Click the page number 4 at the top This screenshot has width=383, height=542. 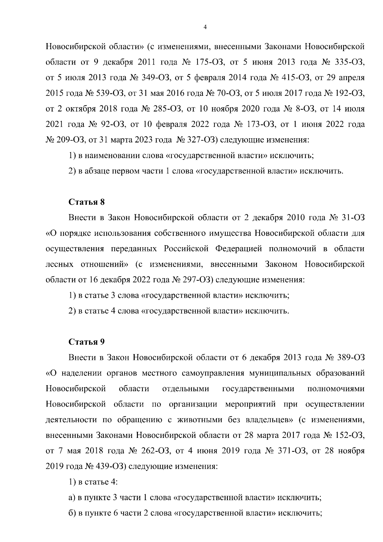pyautogui.click(x=205, y=28)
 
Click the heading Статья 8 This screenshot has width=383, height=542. pyautogui.click(x=86, y=202)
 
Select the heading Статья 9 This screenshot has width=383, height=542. pyautogui.click(x=86, y=342)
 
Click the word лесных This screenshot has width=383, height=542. pyautogui.click(x=59, y=264)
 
